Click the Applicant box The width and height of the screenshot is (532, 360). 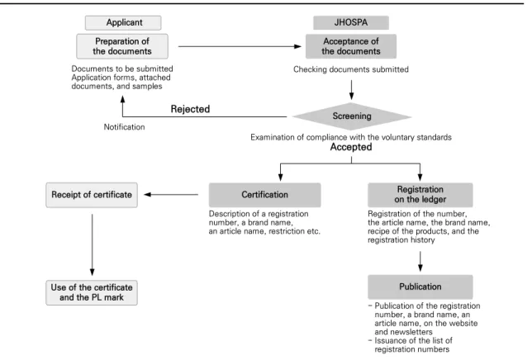[x=123, y=23]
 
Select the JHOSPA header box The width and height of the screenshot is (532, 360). [x=351, y=23]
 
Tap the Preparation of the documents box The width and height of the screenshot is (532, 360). [x=122, y=46]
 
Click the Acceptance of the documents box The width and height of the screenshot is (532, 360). [x=351, y=46]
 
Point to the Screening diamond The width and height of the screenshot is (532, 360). [x=352, y=116]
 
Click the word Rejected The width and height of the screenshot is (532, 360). [x=190, y=109]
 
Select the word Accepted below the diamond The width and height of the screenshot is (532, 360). [x=351, y=147]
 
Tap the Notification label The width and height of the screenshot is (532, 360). [x=124, y=127]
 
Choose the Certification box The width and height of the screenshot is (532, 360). [x=264, y=195]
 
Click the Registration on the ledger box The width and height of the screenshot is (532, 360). [x=420, y=195]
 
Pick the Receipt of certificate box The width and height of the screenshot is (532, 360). [x=92, y=195]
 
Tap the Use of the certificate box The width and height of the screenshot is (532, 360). [x=92, y=292]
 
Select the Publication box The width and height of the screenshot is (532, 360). [x=420, y=287]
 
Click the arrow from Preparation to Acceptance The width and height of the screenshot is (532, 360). [x=240, y=46]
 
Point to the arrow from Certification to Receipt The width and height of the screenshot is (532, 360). [x=171, y=195]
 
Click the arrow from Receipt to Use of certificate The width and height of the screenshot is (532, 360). [x=93, y=244]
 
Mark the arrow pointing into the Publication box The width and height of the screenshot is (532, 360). [x=420, y=261]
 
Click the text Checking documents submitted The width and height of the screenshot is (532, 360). [x=351, y=69]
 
